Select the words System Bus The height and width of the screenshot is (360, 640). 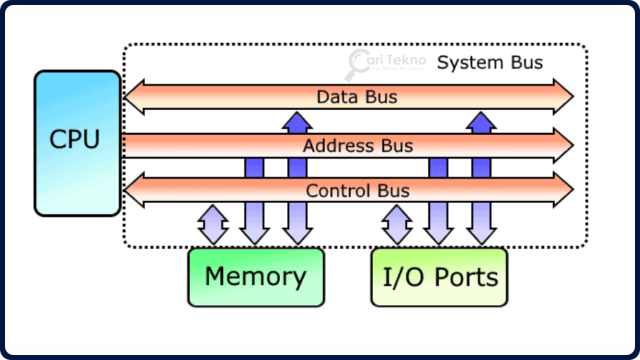pos(489,62)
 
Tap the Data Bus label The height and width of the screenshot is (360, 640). pos(357,97)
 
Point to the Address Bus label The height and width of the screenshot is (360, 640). pos(357,146)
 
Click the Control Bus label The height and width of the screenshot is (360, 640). pos(357,190)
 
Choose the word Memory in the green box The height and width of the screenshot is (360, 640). pos(256,276)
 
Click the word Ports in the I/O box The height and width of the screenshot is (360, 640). pos(467,277)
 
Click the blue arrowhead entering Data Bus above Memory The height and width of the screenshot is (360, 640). pos(297,122)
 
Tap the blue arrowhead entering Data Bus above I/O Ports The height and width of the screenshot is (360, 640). pos(481,122)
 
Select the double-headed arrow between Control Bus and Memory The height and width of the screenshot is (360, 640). pos(213,224)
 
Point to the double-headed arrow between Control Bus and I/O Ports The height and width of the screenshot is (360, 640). pos(397,224)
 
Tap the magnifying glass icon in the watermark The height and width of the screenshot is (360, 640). pos(358,64)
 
